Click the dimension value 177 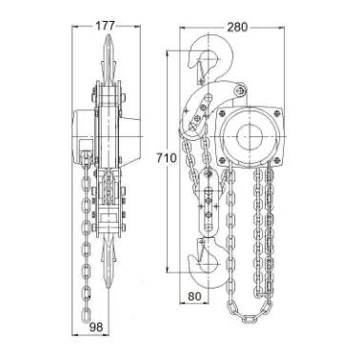coord(105,27)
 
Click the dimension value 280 coord(237,28)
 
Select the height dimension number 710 coord(166,158)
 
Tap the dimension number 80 coord(194,296)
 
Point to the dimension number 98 coord(95,327)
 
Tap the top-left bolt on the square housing coord(222,112)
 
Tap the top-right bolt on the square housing coord(277,113)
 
